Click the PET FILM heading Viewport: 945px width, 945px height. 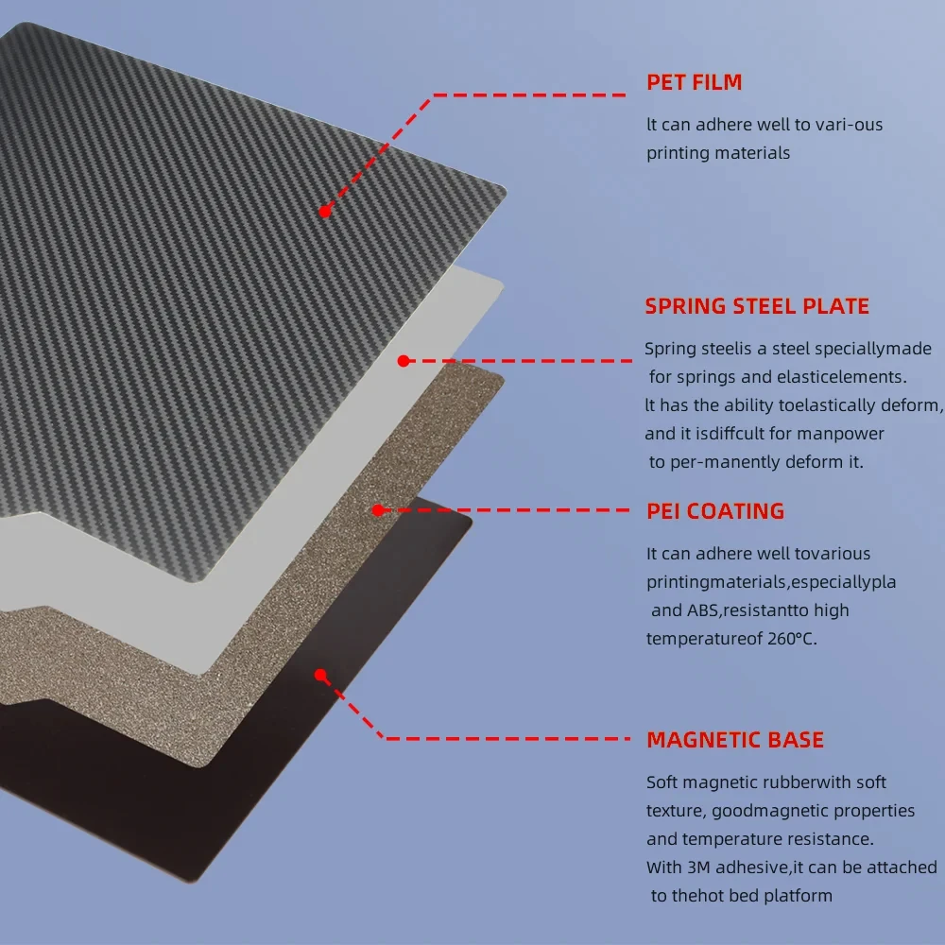pos(694,82)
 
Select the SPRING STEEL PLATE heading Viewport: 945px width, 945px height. pos(757,306)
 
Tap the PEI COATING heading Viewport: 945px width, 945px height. pos(715,511)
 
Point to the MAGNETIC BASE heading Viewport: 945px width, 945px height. pos(735,740)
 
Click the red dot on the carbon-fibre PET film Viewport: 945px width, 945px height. pos(324,212)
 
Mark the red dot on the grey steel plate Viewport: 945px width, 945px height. pos(403,361)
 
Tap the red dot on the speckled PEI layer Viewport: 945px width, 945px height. pos(377,510)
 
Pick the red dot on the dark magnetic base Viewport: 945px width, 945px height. pos(320,675)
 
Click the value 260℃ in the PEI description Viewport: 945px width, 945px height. pos(789,639)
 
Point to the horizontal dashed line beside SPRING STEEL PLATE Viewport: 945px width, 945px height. pos(520,360)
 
